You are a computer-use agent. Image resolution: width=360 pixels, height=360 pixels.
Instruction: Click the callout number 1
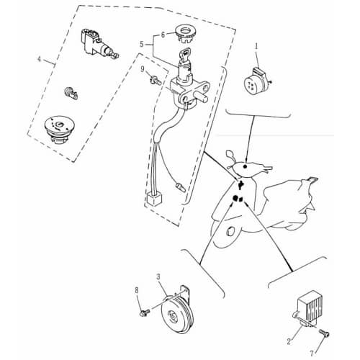tap(256, 47)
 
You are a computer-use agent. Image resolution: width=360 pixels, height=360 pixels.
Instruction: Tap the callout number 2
tap(289, 341)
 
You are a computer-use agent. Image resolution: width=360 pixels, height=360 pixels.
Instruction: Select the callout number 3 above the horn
tap(158, 277)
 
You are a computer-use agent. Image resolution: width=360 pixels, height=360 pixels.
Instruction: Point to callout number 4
tap(40, 59)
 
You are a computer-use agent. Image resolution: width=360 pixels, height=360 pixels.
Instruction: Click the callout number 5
tap(142, 45)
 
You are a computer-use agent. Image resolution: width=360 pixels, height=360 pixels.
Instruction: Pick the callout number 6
tap(163, 35)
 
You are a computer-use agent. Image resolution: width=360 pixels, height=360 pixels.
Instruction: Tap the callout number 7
tap(312, 354)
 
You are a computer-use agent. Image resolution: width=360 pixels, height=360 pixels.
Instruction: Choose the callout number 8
tap(137, 290)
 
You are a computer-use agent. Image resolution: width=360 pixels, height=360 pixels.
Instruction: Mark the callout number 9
tap(143, 69)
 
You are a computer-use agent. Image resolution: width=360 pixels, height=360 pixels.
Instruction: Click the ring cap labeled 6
tap(186, 34)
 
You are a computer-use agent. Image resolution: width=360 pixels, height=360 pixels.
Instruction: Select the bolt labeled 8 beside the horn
tap(145, 312)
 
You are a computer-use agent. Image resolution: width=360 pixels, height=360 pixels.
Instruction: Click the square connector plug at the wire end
tap(154, 199)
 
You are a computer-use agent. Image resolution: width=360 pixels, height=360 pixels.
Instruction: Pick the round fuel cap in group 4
tap(60, 130)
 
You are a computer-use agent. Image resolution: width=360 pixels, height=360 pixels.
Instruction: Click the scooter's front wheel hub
tap(231, 231)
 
